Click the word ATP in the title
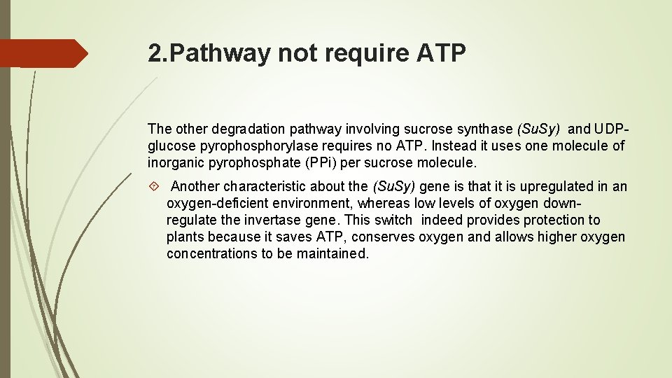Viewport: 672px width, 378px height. tap(441, 54)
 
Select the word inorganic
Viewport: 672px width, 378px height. tap(176, 163)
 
